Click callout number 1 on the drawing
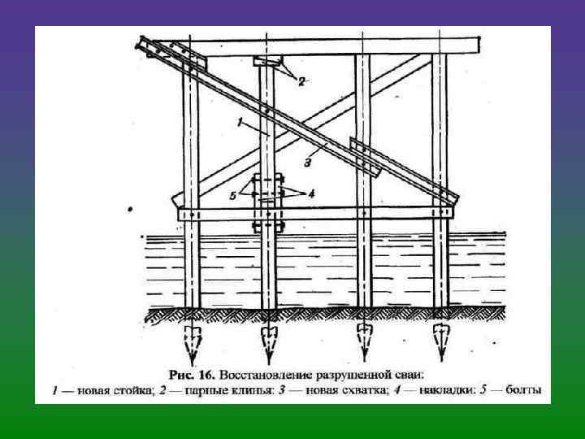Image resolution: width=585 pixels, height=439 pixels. (x=242, y=122)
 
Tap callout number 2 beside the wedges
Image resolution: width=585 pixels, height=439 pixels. (x=301, y=81)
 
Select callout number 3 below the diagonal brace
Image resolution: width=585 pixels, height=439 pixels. (x=308, y=163)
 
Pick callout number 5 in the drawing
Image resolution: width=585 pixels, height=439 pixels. (x=232, y=196)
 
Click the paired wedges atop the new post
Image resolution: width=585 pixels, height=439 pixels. (x=267, y=62)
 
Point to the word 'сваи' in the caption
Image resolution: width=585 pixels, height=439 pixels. (x=409, y=375)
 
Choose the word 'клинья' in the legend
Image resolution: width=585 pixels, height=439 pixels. (x=245, y=390)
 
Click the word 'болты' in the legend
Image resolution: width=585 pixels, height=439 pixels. (x=522, y=390)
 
